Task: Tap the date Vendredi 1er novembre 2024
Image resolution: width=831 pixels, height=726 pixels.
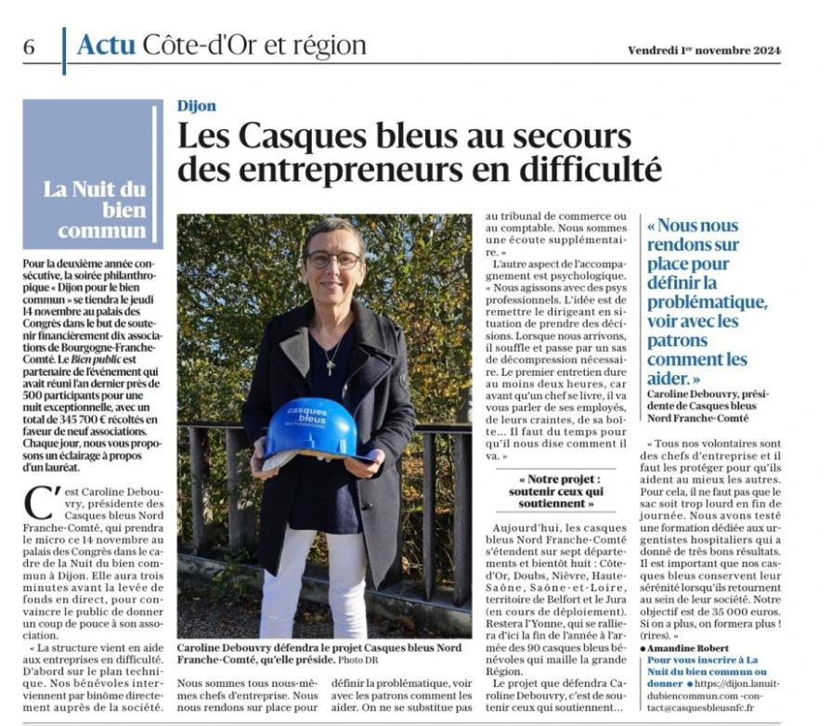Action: [703, 49]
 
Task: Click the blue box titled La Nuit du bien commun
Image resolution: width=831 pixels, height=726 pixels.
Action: [93, 174]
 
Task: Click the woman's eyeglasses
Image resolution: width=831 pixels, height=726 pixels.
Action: [331, 260]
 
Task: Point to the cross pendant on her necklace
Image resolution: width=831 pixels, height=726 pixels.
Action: [329, 366]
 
